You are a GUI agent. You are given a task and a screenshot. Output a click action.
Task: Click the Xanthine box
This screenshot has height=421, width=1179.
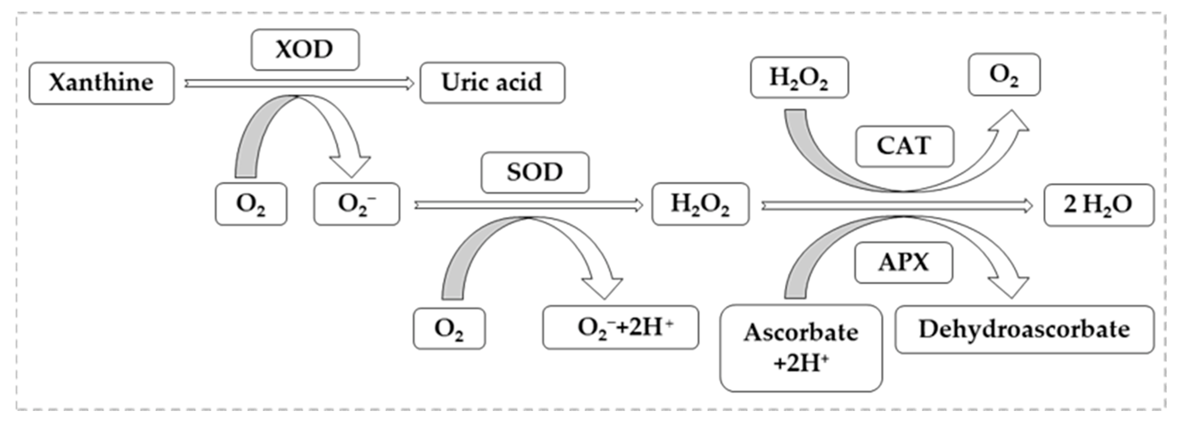(101, 83)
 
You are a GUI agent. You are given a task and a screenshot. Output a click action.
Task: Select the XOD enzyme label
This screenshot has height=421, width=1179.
(305, 49)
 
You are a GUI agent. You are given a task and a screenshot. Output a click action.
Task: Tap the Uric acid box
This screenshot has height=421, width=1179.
(492, 83)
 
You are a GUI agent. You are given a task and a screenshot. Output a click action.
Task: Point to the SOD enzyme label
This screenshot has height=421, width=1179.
(534, 172)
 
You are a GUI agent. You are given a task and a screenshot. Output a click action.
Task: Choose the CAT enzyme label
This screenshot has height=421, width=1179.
(904, 146)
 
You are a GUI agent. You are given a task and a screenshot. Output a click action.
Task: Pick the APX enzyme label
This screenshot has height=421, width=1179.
(903, 263)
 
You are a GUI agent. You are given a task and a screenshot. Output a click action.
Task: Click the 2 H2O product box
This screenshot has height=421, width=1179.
(1099, 205)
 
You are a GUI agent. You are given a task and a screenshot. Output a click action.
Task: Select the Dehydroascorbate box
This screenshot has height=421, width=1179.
(1024, 329)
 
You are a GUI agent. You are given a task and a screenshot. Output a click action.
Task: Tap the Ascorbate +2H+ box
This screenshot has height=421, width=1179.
(800, 348)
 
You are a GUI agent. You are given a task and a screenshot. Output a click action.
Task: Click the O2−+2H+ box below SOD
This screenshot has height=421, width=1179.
(620, 328)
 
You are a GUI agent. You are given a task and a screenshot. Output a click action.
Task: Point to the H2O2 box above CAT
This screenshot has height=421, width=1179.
(799, 77)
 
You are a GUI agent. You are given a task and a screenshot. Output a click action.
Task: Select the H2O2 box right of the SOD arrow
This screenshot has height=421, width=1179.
(700, 204)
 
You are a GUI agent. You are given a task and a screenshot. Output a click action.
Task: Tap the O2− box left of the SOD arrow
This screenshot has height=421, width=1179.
(356, 204)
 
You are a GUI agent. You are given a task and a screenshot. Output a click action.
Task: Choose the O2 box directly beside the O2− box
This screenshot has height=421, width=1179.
(251, 204)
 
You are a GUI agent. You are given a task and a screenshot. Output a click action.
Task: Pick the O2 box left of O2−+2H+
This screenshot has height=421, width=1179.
(449, 329)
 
